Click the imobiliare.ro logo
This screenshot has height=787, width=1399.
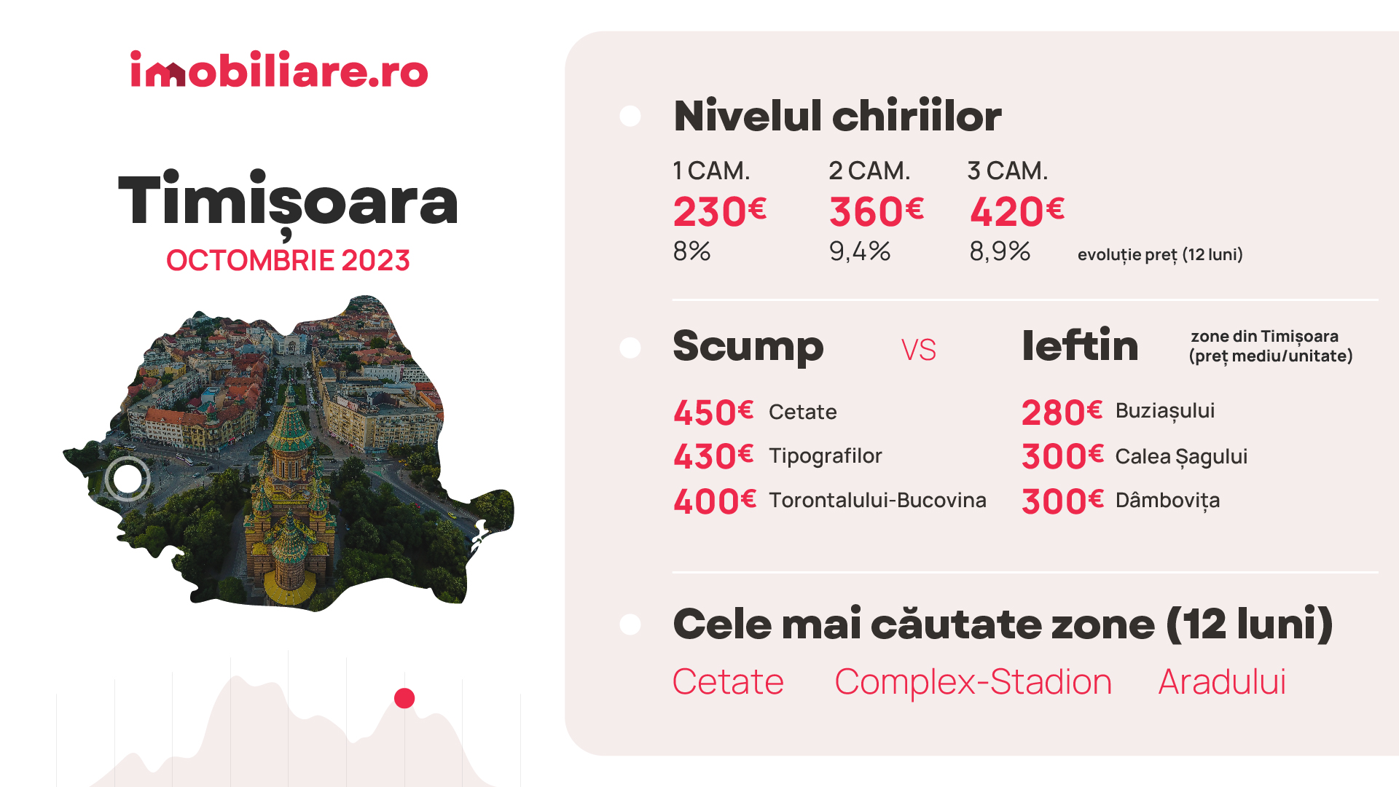[279, 69]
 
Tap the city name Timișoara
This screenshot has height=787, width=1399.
[288, 202]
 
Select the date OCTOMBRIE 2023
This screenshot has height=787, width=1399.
[288, 260]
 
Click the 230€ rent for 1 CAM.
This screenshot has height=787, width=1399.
[720, 211]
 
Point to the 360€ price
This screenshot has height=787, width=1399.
[877, 211]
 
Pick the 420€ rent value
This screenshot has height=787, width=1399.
[1017, 211]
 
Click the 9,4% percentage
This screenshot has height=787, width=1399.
[860, 251]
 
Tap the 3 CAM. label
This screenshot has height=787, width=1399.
[1008, 171]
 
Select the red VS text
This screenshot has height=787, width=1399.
[918, 350]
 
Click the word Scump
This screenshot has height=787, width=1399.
[748, 346]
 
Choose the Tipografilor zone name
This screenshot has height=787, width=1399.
[826, 456]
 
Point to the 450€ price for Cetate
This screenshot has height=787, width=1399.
[713, 412]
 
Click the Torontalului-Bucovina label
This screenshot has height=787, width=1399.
[877, 500]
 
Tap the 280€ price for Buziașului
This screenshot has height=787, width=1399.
[1062, 412]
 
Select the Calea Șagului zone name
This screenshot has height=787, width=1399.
[1181, 457]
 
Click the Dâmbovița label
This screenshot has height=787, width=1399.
[1167, 501]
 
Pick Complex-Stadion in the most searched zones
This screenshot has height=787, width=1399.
[973, 683]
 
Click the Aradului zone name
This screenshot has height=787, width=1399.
[1222, 682]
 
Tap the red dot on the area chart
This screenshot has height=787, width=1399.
[404, 698]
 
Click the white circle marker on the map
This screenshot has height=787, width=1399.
[128, 479]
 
